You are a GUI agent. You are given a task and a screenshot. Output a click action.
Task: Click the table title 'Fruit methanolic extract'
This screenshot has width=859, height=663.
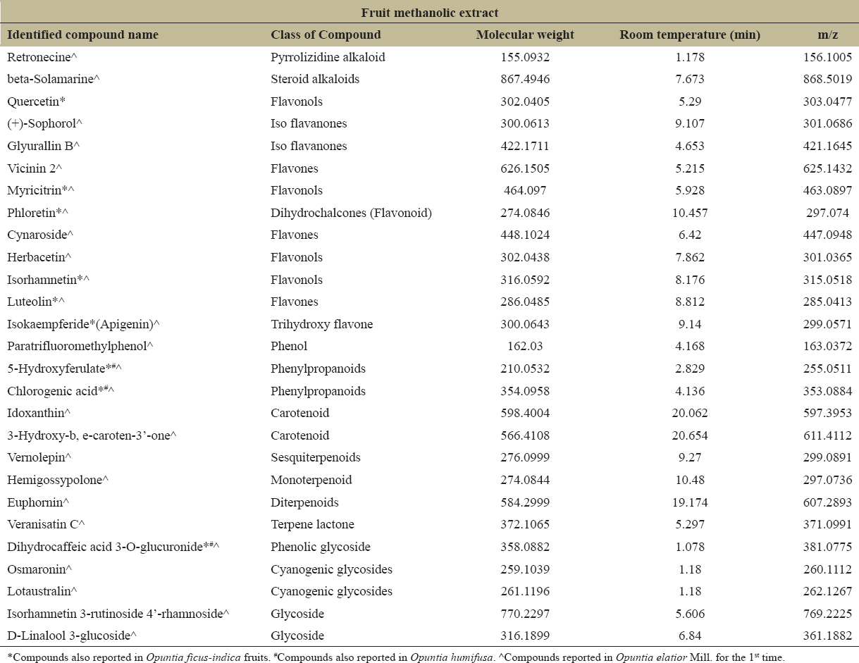tap(430, 13)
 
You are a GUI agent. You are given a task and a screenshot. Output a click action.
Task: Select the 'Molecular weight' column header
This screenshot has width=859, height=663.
tap(525, 35)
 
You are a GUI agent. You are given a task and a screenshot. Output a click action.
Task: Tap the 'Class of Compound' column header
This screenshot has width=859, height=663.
tap(326, 35)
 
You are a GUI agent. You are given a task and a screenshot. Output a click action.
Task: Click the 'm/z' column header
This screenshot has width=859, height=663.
tap(827, 35)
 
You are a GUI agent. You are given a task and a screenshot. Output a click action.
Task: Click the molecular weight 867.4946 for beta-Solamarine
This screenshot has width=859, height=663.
tap(525, 79)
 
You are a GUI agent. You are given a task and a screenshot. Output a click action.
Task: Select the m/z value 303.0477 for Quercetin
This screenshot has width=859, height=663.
tap(827, 101)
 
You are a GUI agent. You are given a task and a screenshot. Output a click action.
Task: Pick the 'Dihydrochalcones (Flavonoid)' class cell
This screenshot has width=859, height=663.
tap(351, 213)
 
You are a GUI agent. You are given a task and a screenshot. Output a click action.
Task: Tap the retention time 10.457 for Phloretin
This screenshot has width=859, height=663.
tap(690, 213)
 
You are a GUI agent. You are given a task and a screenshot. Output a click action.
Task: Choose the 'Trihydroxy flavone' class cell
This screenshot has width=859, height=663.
tap(322, 324)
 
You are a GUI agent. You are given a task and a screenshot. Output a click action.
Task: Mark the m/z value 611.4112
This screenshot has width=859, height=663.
tap(827, 435)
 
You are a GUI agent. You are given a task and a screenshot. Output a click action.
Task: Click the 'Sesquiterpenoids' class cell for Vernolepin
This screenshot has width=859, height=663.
tap(316, 457)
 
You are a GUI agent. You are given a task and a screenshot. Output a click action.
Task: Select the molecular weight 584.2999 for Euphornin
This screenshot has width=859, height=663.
tap(525, 502)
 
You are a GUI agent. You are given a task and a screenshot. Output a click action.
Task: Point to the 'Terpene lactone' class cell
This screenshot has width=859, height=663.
tap(312, 524)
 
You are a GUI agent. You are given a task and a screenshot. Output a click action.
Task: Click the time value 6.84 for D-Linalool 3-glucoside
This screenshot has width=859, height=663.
tap(690, 636)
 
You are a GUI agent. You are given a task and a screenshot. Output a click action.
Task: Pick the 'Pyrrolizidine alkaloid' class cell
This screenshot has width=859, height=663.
tap(328, 57)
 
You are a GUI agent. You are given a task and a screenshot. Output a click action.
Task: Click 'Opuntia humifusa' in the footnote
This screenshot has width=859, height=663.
tap(452, 657)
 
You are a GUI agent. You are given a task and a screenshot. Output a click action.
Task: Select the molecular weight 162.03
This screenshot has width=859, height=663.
tap(525, 346)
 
